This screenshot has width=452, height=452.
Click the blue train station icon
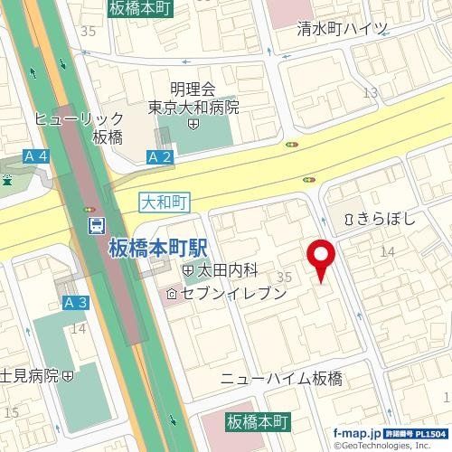(x=94, y=224)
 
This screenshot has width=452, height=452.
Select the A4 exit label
(x=35, y=157)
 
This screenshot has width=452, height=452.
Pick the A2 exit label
(x=158, y=157)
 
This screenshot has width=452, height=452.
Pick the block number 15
(x=11, y=412)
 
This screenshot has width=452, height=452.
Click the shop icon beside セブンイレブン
(x=171, y=293)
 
